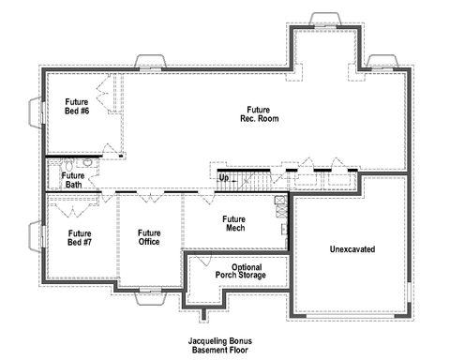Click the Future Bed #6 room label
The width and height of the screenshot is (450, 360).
pyautogui.click(x=77, y=106)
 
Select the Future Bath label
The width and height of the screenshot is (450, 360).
pyautogui.click(x=73, y=179)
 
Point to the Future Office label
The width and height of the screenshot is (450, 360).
pyautogui.click(x=148, y=237)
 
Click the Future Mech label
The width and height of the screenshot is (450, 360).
pyautogui.click(x=233, y=224)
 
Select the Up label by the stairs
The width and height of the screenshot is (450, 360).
pyautogui.click(x=223, y=177)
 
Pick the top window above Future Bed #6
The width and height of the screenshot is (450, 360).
pyautogui.click(x=150, y=64)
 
